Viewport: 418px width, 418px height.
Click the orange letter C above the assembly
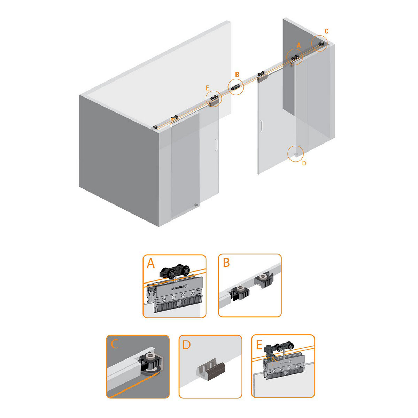coord(326,31)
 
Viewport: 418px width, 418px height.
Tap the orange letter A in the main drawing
coord(299,46)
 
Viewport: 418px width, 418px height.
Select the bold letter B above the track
coord(237,75)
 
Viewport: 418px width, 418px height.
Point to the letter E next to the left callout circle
coord(207,88)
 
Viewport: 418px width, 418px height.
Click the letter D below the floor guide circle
coord(304,163)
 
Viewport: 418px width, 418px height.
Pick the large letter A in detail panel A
coord(151,264)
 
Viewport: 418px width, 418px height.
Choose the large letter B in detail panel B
coord(226,263)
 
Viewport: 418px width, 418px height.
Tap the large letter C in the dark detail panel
coord(115,344)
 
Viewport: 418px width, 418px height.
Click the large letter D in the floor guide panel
coord(187,345)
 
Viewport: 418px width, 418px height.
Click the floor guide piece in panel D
coord(211,369)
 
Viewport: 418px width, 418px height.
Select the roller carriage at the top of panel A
coord(175,271)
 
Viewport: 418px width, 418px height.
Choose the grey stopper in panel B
coord(264,281)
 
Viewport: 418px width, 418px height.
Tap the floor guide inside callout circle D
coord(295,154)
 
